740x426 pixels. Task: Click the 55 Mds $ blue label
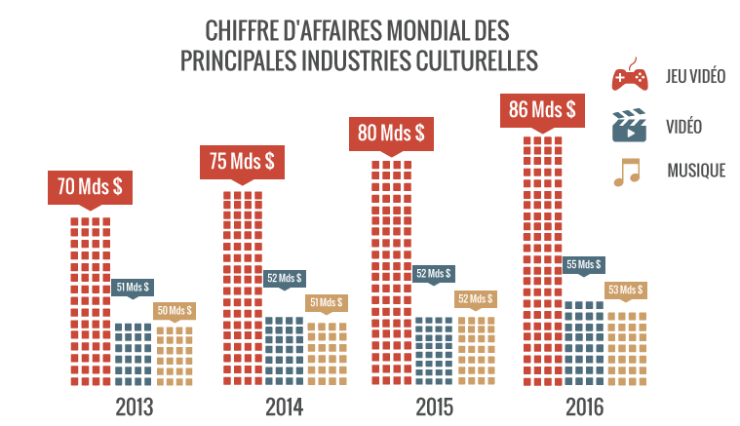tap(583, 264)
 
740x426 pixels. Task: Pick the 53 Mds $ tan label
tap(625, 289)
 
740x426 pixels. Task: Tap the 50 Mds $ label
tap(175, 310)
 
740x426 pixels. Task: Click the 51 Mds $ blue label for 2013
tap(133, 287)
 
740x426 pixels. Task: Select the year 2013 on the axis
tap(134, 406)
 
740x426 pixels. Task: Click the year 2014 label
tap(284, 406)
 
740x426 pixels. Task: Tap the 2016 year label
tap(584, 406)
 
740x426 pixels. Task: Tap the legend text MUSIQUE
tap(696, 171)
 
